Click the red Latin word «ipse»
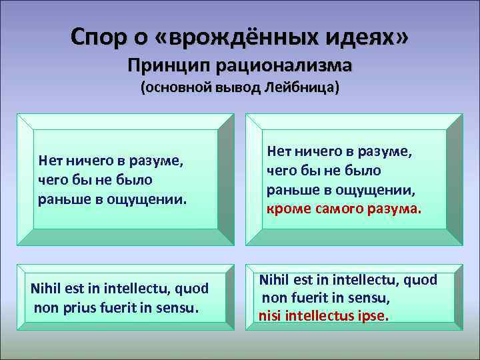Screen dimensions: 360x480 372,315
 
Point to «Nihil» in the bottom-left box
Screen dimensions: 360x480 48,289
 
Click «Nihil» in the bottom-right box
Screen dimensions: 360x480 275,280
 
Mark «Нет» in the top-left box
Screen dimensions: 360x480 51,161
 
